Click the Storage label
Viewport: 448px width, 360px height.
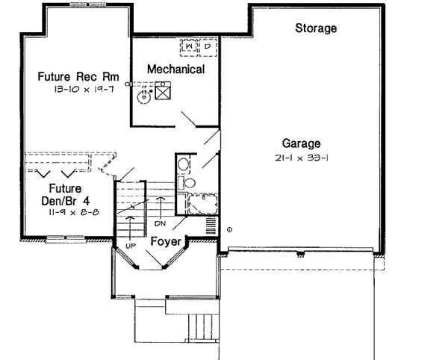coord(316,29)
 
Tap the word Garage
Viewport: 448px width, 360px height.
coord(301,143)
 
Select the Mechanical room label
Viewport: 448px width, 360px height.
coord(175,69)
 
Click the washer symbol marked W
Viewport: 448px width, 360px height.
coord(189,48)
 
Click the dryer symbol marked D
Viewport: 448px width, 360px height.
coord(207,48)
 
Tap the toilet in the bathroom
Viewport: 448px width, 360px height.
coord(189,181)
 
